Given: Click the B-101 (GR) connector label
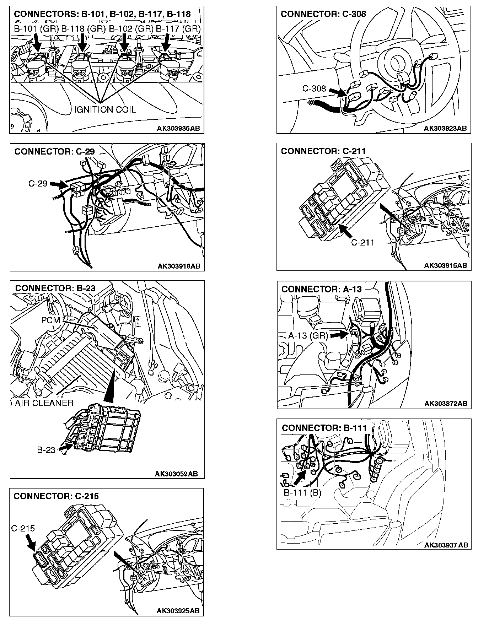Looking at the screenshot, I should (36, 29).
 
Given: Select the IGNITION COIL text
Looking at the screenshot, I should (105, 109).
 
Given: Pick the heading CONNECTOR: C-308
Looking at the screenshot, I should (323, 14).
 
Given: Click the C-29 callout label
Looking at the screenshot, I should (38, 184).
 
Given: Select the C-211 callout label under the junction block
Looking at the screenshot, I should (362, 243).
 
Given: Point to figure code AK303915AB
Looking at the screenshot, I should (445, 265).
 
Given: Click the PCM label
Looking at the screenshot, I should (51, 320).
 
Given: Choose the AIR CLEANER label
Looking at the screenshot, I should (44, 403).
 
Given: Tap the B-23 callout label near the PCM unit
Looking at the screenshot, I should (46, 450).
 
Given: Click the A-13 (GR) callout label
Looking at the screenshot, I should (308, 335).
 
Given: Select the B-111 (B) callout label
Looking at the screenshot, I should (302, 493).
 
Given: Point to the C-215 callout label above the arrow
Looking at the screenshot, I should (23, 528).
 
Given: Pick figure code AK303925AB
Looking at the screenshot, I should (178, 611).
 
